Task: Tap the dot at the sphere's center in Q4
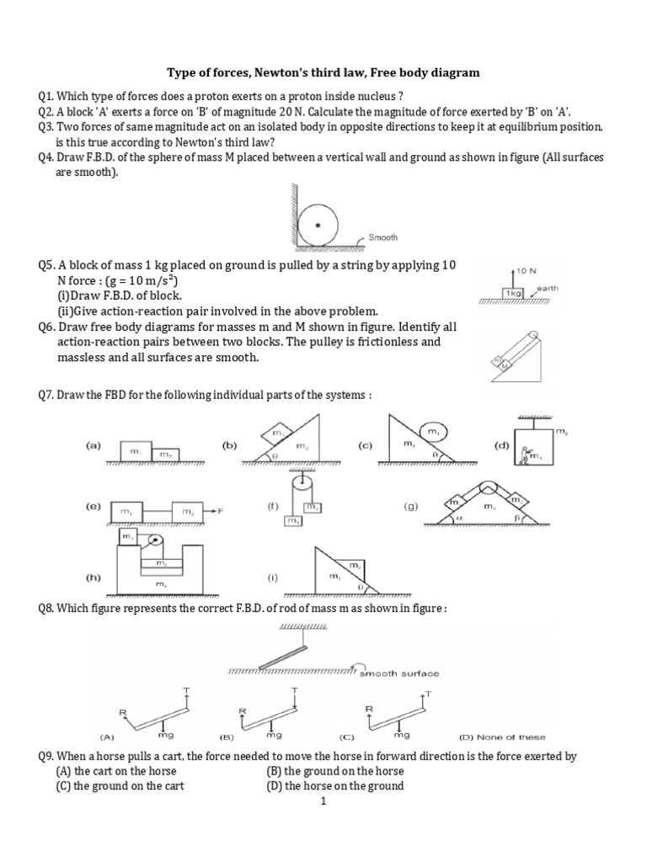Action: click(x=317, y=226)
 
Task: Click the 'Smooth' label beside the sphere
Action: click(x=382, y=238)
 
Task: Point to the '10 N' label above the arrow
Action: click(x=527, y=271)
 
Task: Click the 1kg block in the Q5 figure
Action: click(x=513, y=291)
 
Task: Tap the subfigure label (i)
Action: click(x=274, y=578)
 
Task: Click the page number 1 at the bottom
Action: click(x=323, y=801)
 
